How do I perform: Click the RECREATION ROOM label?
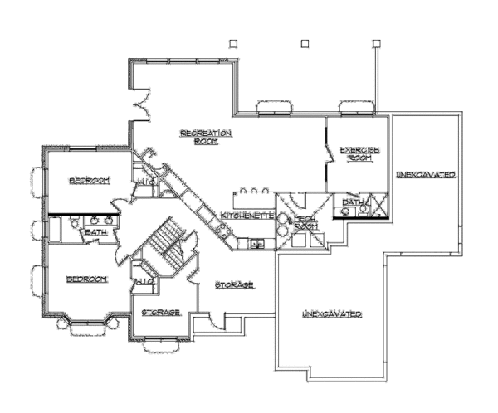coord(206,137)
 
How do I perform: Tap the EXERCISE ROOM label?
coord(360,153)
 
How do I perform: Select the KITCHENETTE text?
coord(247,216)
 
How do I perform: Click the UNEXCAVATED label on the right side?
coord(425,176)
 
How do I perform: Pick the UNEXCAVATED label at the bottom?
coord(330,314)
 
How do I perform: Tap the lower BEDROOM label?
coord(87,280)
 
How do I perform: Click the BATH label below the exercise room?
coord(351,202)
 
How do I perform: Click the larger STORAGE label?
coord(234,285)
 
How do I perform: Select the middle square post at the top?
coord(305,42)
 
